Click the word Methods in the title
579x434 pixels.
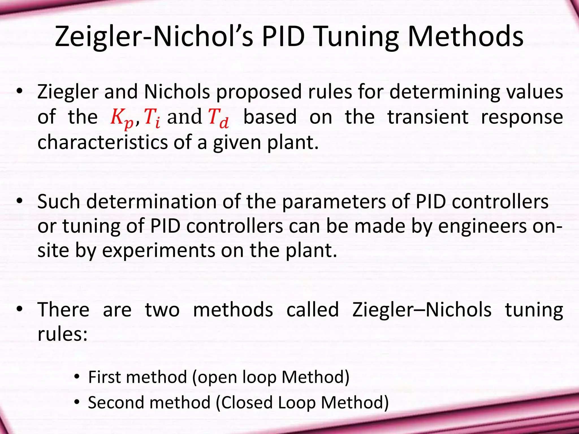pyautogui.click(x=465, y=37)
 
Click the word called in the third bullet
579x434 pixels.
pyautogui.click(x=312, y=310)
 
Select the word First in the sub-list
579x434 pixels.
pyautogui.click(x=105, y=377)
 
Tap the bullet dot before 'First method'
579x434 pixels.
pyautogui.click(x=77, y=377)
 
